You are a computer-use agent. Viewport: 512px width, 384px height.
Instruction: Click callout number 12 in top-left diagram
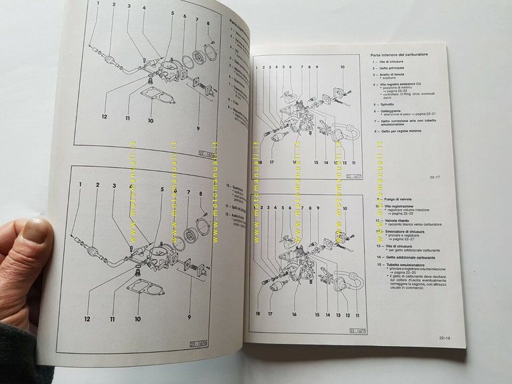105,116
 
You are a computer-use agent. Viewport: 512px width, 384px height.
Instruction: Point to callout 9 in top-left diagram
198,127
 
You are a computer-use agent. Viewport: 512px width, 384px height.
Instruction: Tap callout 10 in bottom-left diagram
137,319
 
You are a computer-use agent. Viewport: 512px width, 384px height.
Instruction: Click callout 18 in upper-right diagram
259,162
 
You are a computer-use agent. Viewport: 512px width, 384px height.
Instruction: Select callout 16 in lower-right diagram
294,313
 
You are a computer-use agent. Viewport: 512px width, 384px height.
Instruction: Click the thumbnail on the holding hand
38,230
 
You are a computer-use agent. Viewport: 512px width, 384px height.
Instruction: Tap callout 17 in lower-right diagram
270,313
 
